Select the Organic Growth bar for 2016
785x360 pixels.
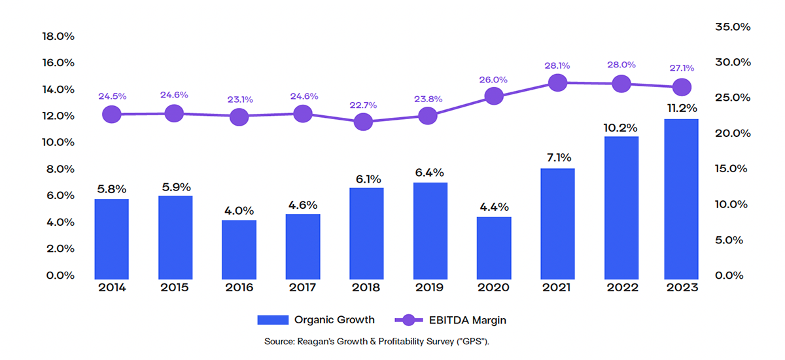(239, 249)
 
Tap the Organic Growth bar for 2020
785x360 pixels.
(495, 247)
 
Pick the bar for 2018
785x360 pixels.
(366, 232)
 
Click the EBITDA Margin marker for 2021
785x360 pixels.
(557, 82)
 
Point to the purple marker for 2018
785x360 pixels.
(363, 122)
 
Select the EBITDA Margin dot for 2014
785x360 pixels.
(112, 114)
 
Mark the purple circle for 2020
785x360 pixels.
(495, 97)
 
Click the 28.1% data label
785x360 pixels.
(557, 65)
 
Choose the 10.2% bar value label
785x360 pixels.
(620, 127)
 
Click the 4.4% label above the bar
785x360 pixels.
(495, 207)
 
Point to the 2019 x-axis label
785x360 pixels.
(430, 287)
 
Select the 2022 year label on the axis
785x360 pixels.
(620, 287)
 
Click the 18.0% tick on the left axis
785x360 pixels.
(58, 37)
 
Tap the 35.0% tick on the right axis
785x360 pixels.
(732, 27)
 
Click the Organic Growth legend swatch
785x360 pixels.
(272, 320)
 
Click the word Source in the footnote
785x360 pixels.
(279, 342)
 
